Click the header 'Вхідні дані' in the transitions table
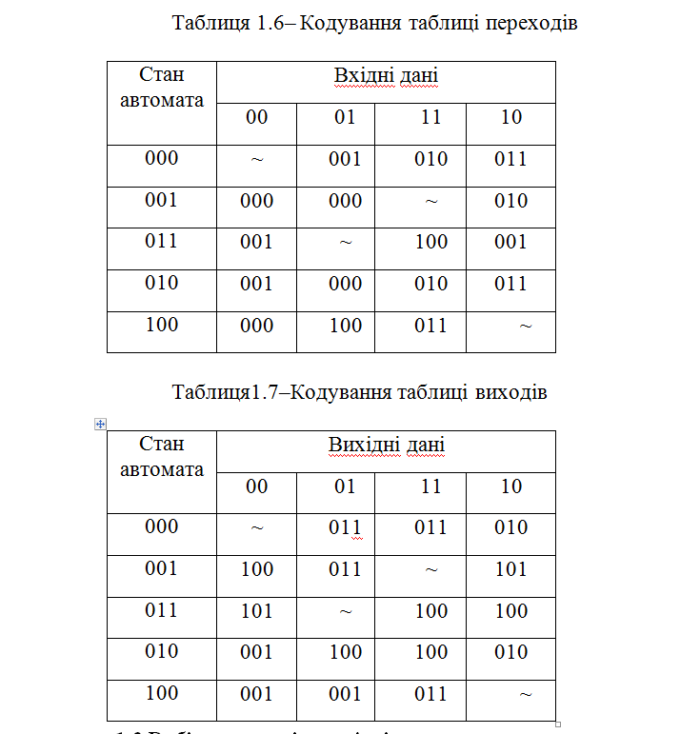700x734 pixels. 386,76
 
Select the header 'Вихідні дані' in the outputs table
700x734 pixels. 386,446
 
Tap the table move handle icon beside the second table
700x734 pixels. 100,424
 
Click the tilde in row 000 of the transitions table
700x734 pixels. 257,160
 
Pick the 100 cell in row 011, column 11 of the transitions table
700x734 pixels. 430,242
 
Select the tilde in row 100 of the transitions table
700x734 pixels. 525,327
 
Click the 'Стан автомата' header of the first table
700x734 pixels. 162,87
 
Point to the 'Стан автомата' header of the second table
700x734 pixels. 162,456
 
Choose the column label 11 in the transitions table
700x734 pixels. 430,117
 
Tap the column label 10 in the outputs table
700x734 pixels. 511,486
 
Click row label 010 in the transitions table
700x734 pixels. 162,283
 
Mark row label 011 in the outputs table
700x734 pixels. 162,609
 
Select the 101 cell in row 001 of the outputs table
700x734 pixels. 511,569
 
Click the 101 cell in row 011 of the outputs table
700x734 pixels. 257,611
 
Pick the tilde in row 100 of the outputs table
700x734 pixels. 525,696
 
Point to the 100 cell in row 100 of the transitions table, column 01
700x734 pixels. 345,326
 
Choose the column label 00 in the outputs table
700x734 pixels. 257,486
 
